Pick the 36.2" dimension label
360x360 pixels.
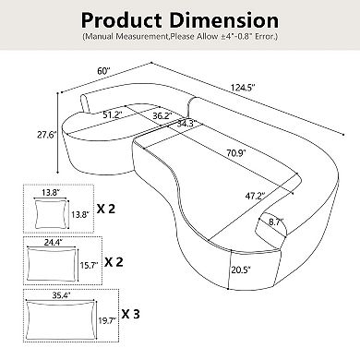tap(162, 117)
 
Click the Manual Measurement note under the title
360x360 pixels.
tap(179, 38)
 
